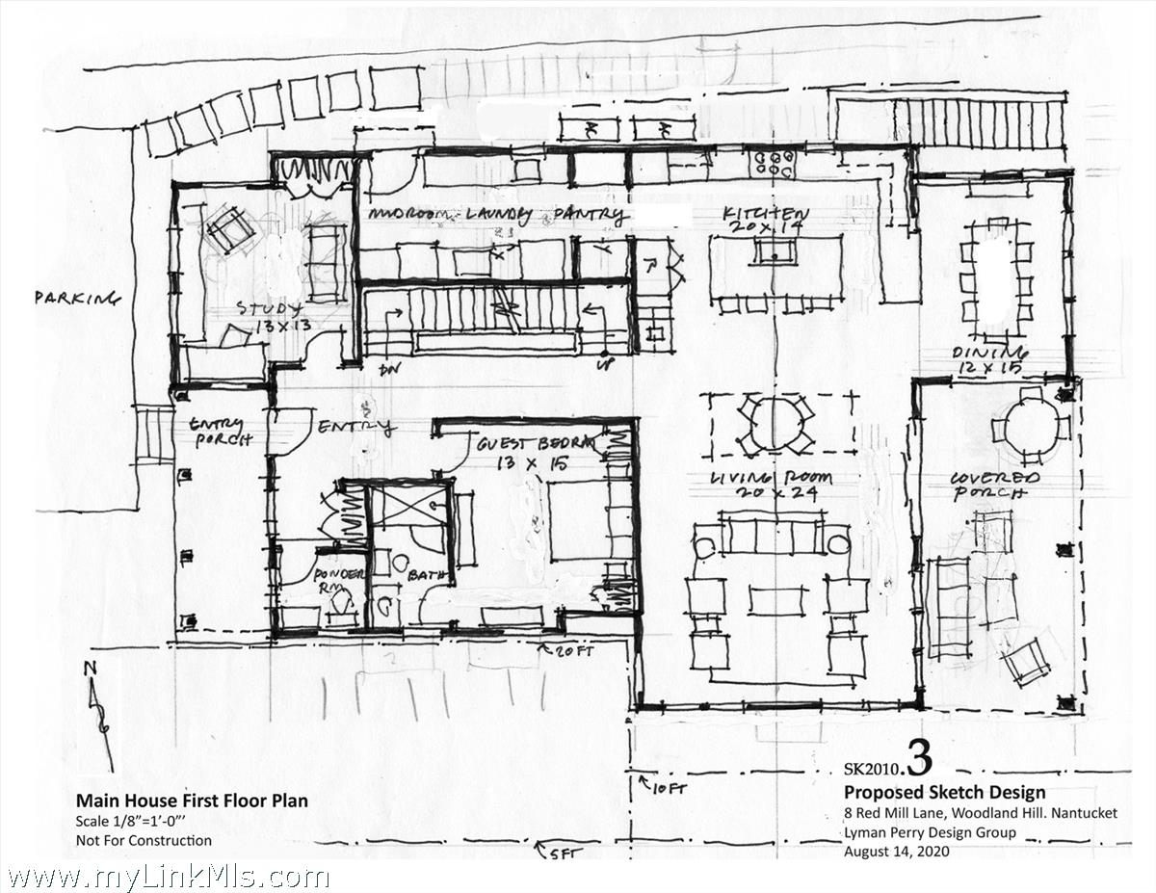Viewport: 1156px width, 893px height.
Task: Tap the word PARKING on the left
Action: [x=78, y=299]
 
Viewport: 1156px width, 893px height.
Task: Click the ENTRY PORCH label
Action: [x=221, y=432]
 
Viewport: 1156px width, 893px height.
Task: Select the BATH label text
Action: [x=429, y=575]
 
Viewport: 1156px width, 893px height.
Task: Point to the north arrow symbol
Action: [x=97, y=713]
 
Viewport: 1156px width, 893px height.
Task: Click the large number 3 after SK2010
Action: [x=919, y=761]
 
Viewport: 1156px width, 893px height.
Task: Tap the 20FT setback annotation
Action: [x=579, y=650]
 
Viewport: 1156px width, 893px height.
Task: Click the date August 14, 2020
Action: [x=897, y=852]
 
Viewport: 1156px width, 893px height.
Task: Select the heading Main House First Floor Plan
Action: [x=192, y=801]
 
